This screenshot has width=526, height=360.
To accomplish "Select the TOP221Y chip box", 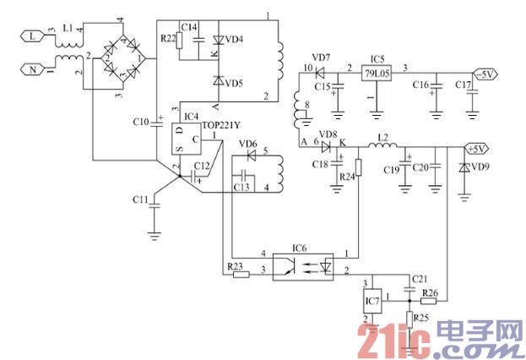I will pos(188,139).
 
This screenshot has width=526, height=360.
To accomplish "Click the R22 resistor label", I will pos(167,38).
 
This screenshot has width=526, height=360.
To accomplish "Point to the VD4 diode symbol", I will pos(217,40).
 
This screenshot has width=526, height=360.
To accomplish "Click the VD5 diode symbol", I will pos(217,82).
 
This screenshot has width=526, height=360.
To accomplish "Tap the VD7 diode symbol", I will pos(322,68).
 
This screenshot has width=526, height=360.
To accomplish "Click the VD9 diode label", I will pos(479,166).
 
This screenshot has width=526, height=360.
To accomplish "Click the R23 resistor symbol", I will pos(240,273).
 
